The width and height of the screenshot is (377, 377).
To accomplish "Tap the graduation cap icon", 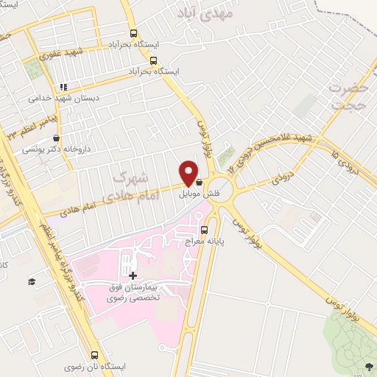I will tap(32, 281).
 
